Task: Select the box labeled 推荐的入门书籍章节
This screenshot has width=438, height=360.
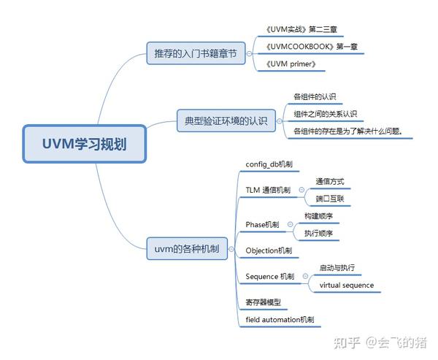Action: (x=196, y=55)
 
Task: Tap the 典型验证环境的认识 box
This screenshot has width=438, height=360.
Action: (x=222, y=120)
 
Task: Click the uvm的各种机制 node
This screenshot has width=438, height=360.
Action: (x=187, y=248)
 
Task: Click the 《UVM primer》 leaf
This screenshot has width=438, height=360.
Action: (x=291, y=64)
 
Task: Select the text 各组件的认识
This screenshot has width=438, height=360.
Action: (x=315, y=96)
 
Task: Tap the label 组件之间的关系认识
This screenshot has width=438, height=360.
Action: (x=325, y=114)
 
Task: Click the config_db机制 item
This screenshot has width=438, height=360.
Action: (x=269, y=165)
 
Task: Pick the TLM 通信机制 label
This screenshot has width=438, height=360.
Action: (x=268, y=190)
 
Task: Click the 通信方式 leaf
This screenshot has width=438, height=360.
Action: (x=329, y=181)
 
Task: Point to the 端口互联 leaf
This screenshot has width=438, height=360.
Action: (x=329, y=198)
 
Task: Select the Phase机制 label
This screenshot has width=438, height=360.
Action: (x=262, y=224)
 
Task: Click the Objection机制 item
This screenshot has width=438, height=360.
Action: (x=269, y=250)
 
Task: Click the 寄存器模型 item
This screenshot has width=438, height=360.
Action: (x=264, y=302)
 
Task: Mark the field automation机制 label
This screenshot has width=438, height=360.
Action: (x=280, y=319)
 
